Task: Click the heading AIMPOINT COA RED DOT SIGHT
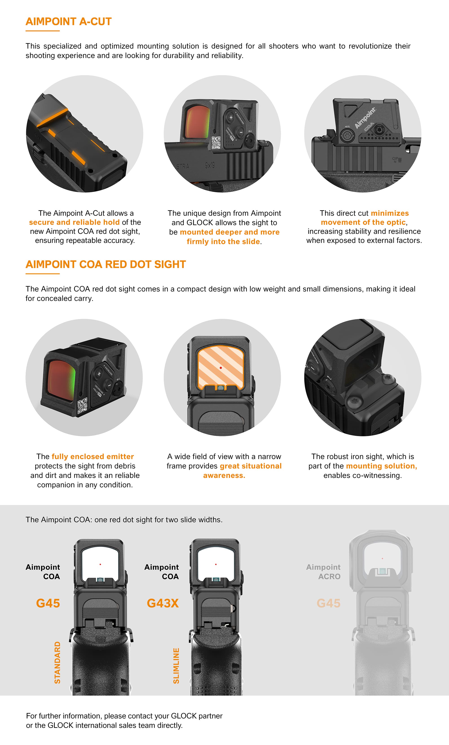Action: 106,265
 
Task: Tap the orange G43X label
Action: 163,603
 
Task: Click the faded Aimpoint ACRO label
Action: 323,572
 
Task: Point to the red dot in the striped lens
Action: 221,368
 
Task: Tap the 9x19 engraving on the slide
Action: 209,165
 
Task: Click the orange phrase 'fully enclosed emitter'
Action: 93,457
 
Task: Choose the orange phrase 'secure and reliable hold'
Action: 74,222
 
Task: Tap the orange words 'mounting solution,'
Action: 381,466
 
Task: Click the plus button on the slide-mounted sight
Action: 231,117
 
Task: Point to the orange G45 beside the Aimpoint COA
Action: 48,603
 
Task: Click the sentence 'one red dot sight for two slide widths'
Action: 158,520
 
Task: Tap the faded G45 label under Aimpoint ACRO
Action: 328,603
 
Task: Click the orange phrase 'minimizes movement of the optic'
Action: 364,218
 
